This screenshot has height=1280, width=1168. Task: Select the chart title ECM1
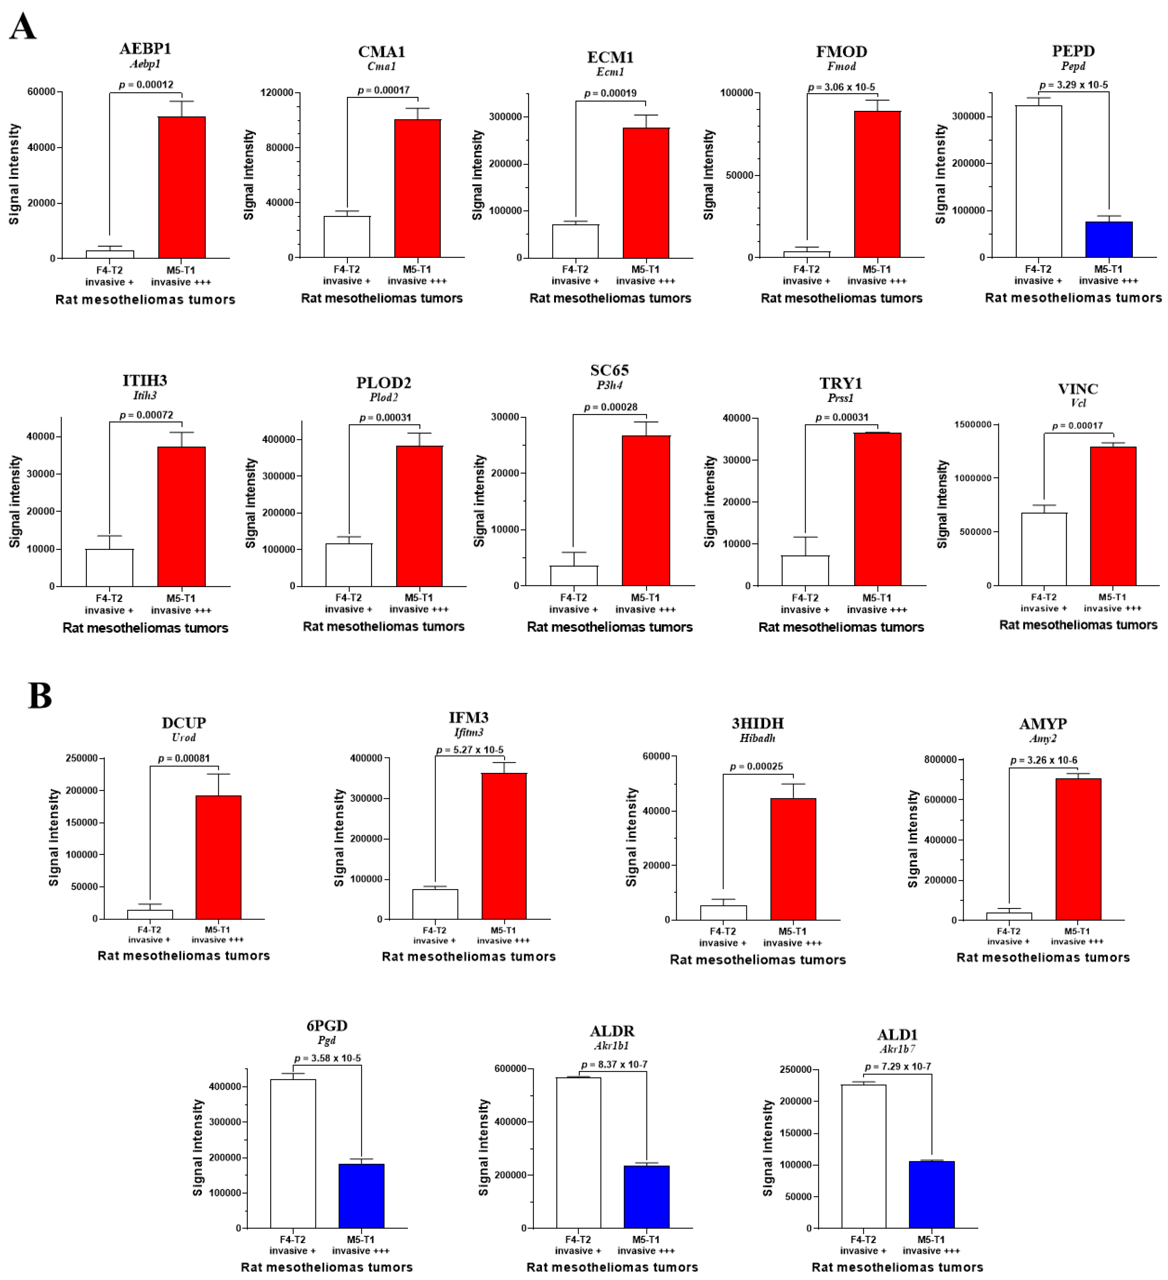(x=610, y=57)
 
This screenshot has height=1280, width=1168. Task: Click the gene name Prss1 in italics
(x=841, y=398)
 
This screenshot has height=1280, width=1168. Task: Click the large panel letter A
(x=23, y=27)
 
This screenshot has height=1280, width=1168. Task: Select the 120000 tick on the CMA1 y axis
(x=277, y=93)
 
